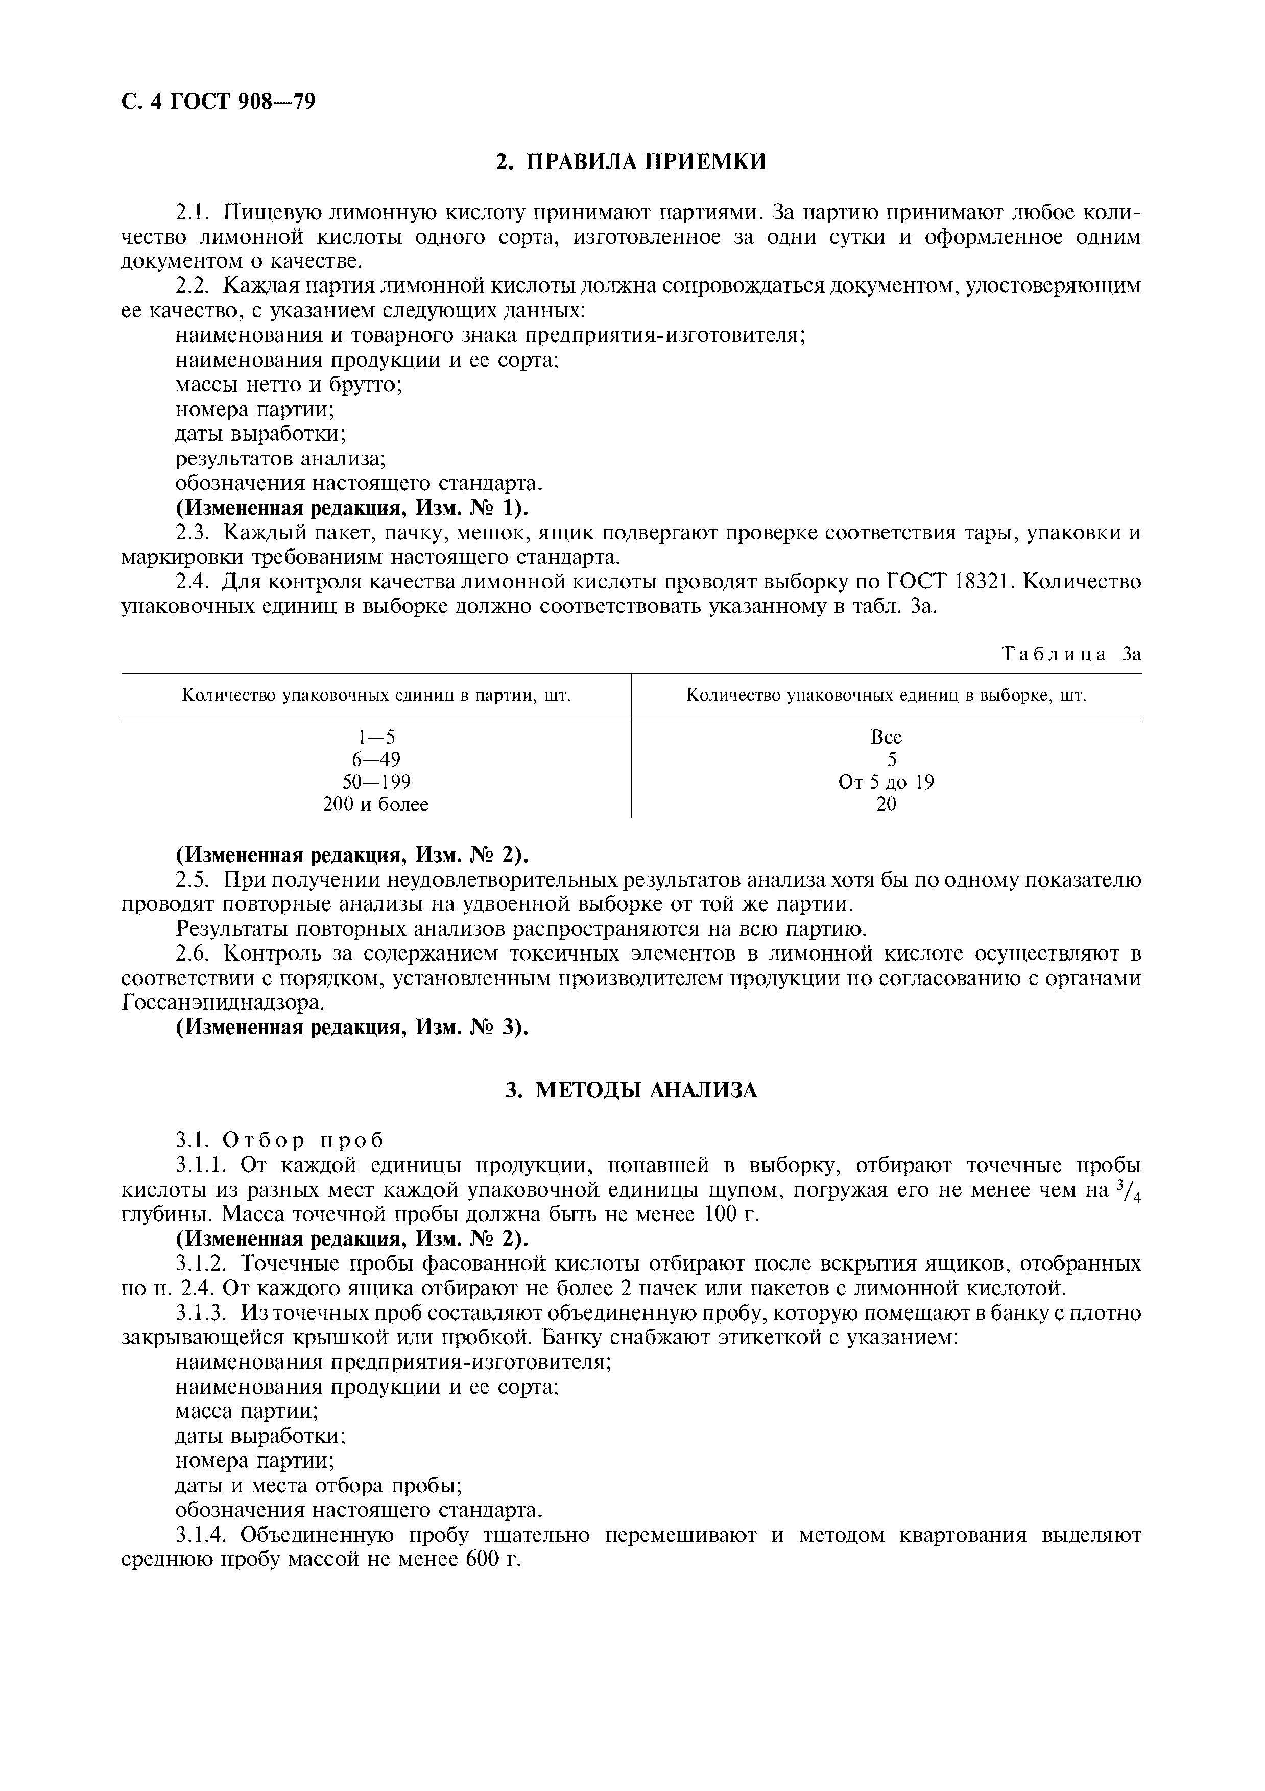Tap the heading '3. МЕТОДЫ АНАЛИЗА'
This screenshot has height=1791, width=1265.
point(632,1090)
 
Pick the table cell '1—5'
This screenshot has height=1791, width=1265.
point(376,737)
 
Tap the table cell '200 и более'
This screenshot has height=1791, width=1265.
point(376,804)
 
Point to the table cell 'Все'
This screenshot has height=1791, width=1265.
point(886,737)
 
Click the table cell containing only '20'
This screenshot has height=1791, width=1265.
point(886,804)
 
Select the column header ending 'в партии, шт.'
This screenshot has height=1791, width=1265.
point(376,696)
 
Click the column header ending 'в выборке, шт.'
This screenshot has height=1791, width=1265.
point(886,696)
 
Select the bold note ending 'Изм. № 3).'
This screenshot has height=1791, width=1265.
point(352,1028)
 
